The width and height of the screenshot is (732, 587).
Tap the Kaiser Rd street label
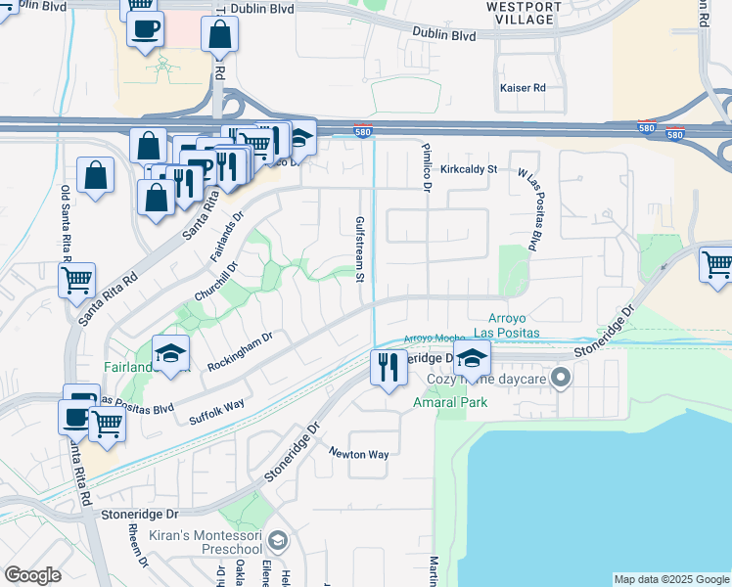pos(522,88)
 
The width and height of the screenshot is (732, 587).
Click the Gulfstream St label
pos(360,249)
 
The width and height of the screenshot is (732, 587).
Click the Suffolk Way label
pos(218,407)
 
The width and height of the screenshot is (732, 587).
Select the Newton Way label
pos(358,455)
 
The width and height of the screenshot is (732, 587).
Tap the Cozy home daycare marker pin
pos(561,377)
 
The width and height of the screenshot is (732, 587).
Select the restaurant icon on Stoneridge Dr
pos(389,367)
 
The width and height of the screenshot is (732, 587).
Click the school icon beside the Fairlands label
pos(171,353)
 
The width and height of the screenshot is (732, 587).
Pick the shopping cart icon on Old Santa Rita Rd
pos(75,280)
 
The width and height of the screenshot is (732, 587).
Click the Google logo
pos(33,575)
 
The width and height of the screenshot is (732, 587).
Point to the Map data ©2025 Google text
pos(670,579)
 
